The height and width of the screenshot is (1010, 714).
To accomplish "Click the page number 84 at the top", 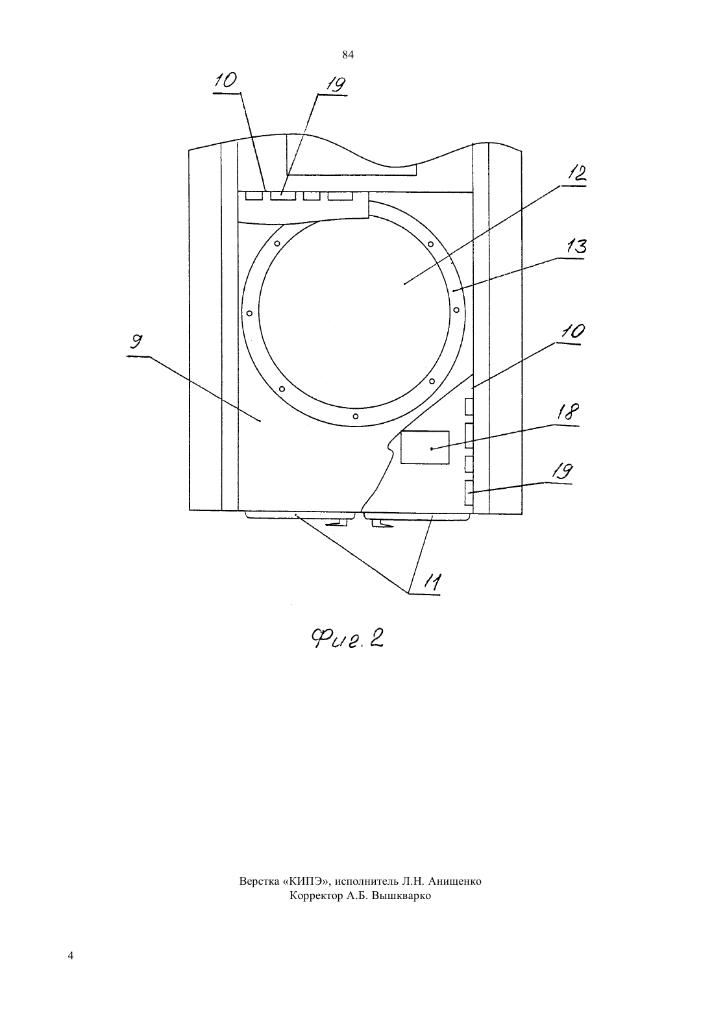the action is pos(348,55).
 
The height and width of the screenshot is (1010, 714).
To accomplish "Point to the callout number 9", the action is pos(135,342).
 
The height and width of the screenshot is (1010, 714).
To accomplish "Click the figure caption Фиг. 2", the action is pos(347,638).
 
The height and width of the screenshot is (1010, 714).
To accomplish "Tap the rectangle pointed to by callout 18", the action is pos(425,447).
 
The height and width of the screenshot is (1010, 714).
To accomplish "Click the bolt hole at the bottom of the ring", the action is pos(355,416).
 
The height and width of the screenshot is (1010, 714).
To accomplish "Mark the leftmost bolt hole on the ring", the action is pos(249,313).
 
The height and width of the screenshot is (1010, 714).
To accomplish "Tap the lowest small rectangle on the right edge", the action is pos(469,493).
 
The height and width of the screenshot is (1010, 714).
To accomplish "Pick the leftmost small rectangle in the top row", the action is pos(254,196).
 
